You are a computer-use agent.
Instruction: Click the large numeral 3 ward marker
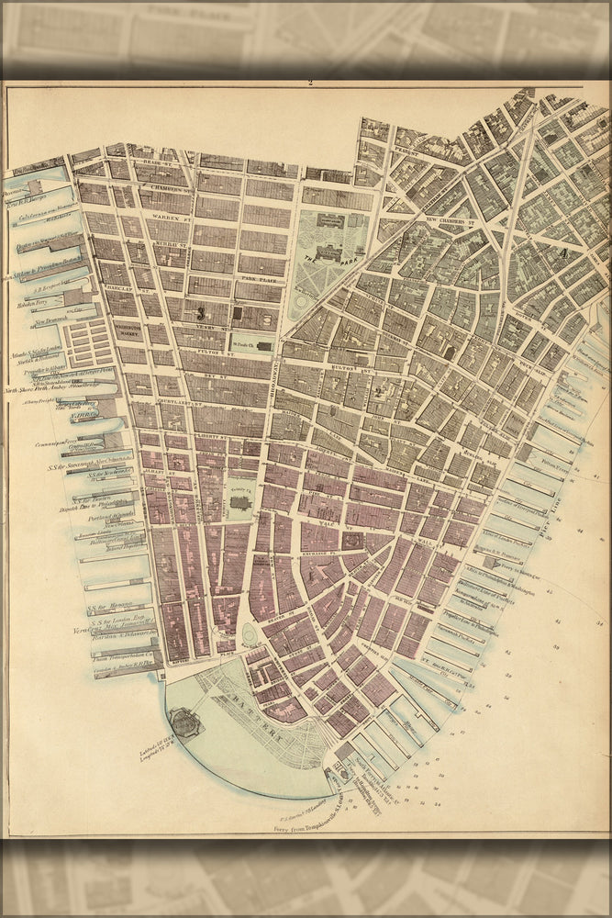click(198, 313)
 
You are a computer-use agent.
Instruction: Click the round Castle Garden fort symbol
click(184, 722)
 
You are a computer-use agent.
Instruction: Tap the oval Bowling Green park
click(250, 634)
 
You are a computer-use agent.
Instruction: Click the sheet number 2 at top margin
click(310, 83)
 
